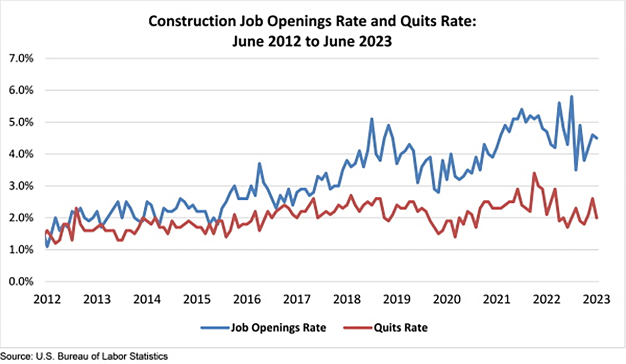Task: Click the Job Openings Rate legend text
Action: click(279, 328)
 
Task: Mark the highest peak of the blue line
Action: click(571, 96)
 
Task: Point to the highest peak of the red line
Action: click(534, 173)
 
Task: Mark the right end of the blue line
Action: click(598, 138)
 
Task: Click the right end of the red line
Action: click(598, 218)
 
